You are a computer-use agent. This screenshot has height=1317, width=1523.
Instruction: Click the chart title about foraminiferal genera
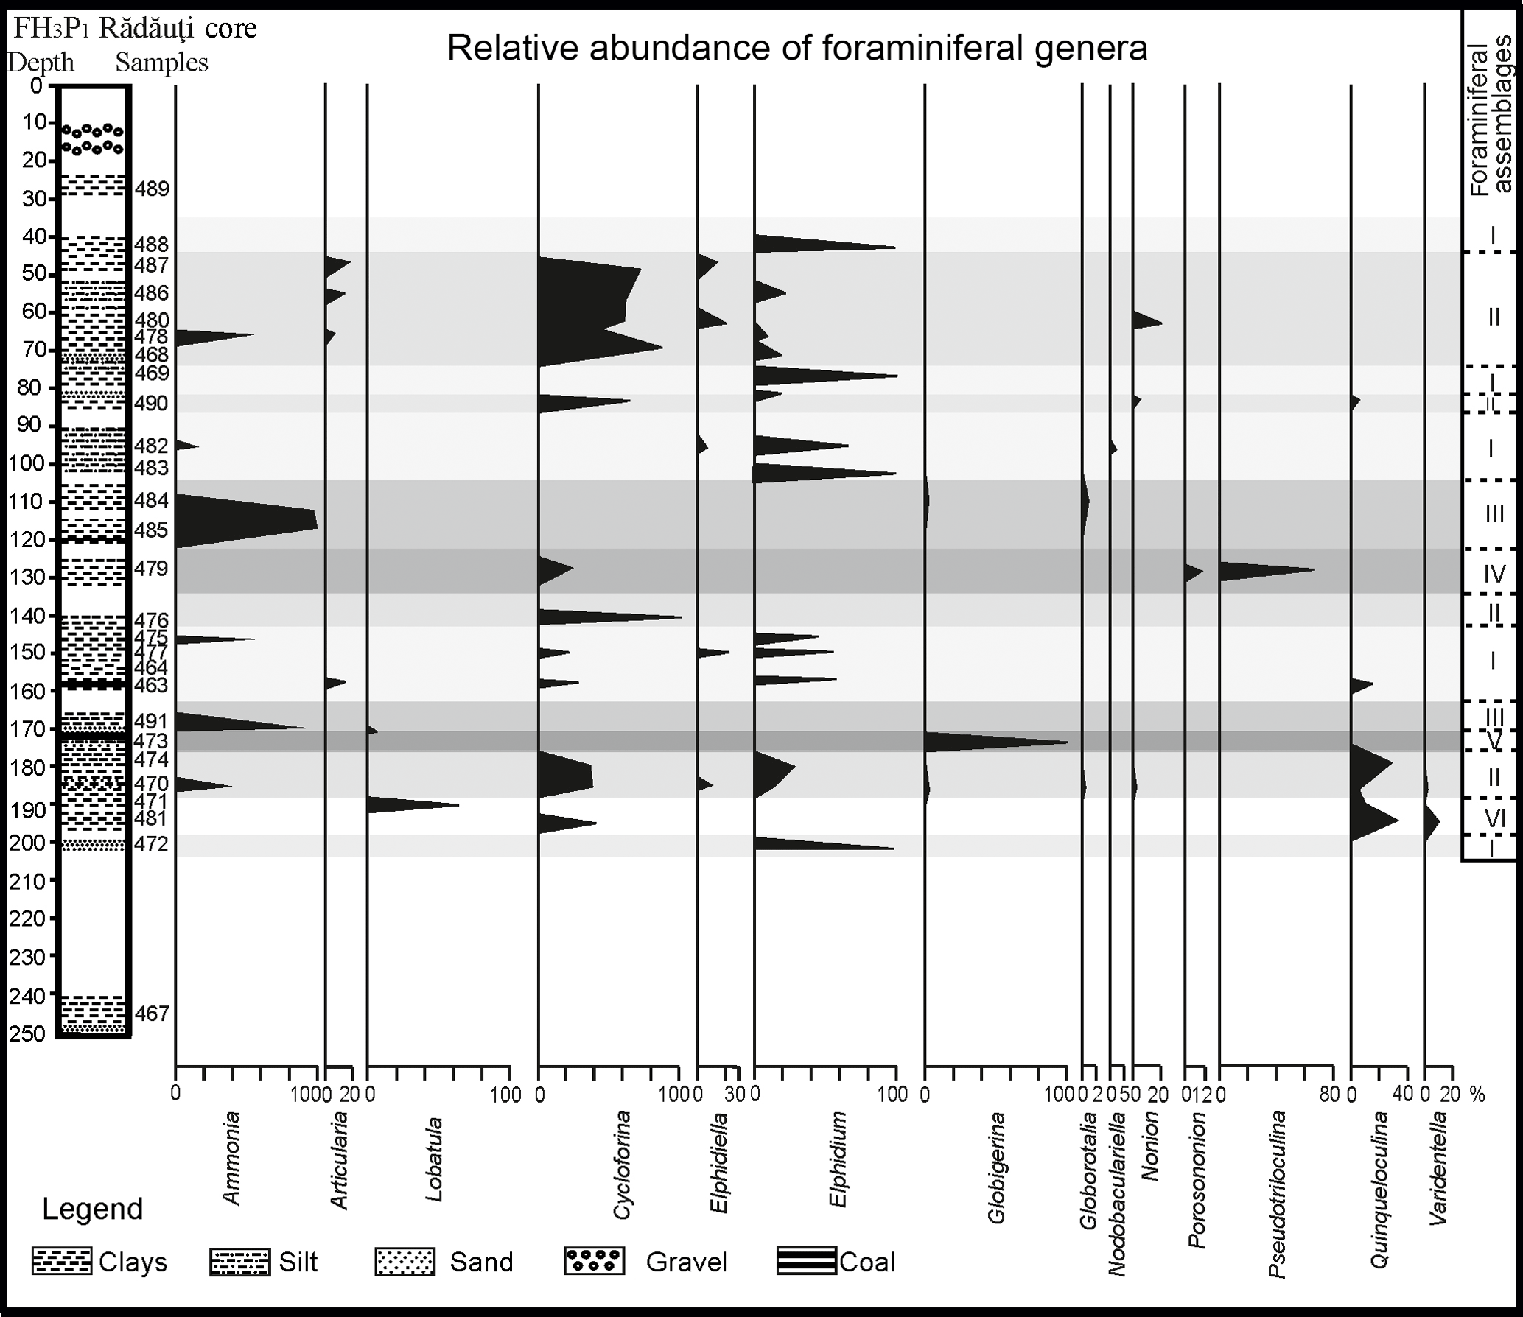pyautogui.click(x=797, y=49)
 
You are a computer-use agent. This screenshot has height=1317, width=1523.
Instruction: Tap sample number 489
pyautogui.click(x=152, y=189)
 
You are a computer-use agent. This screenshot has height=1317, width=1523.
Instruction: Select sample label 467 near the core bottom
pyautogui.click(x=153, y=1014)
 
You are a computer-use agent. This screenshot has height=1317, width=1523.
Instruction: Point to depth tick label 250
pyautogui.click(x=27, y=1035)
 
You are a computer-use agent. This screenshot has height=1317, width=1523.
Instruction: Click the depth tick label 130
pyautogui.click(x=27, y=577)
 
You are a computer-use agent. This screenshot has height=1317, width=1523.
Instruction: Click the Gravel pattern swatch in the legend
pyautogui.click(x=595, y=1261)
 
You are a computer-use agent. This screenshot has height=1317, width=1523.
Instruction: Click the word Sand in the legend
pyautogui.click(x=481, y=1262)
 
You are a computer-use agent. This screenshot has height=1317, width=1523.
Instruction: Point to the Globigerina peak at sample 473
pyautogui.click(x=1066, y=742)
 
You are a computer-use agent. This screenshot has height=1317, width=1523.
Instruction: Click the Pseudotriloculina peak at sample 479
pyautogui.click(x=1314, y=569)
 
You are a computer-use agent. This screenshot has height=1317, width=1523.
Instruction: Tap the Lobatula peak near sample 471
pyautogui.click(x=458, y=805)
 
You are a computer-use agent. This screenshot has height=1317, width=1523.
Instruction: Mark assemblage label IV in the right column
pyautogui.click(x=1494, y=573)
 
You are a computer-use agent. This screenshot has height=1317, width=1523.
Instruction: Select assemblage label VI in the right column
pyautogui.click(x=1494, y=818)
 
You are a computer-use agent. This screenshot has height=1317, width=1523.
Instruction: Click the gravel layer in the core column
pyautogui.click(x=94, y=138)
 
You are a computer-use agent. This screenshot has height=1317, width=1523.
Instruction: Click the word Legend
pyautogui.click(x=93, y=1209)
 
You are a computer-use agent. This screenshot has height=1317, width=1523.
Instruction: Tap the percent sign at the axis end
pyautogui.click(x=1477, y=1095)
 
